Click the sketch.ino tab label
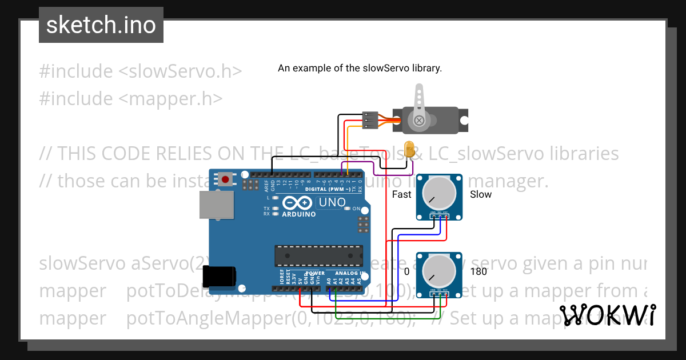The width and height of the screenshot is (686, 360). pyautogui.click(x=101, y=25)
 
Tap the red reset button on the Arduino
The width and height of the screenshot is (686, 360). pyautogui.click(x=226, y=179)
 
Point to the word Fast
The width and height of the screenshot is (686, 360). pyautogui.click(x=401, y=194)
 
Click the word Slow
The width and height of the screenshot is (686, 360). pyautogui.click(x=480, y=194)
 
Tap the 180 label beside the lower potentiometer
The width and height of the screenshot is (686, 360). pyautogui.click(x=478, y=271)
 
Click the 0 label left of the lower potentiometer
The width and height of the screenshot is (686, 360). pyautogui.click(x=406, y=271)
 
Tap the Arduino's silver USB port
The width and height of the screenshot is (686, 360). pyautogui.click(x=216, y=205)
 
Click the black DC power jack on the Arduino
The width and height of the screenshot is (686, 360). pyautogui.click(x=224, y=277)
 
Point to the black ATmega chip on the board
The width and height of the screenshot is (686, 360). pyautogui.click(x=318, y=255)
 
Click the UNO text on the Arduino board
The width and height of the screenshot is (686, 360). pyautogui.click(x=332, y=202)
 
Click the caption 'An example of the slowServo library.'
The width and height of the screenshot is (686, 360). pyautogui.click(x=360, y=68)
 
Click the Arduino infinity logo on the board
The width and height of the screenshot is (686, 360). pyautogui.click(x=297, y=203)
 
